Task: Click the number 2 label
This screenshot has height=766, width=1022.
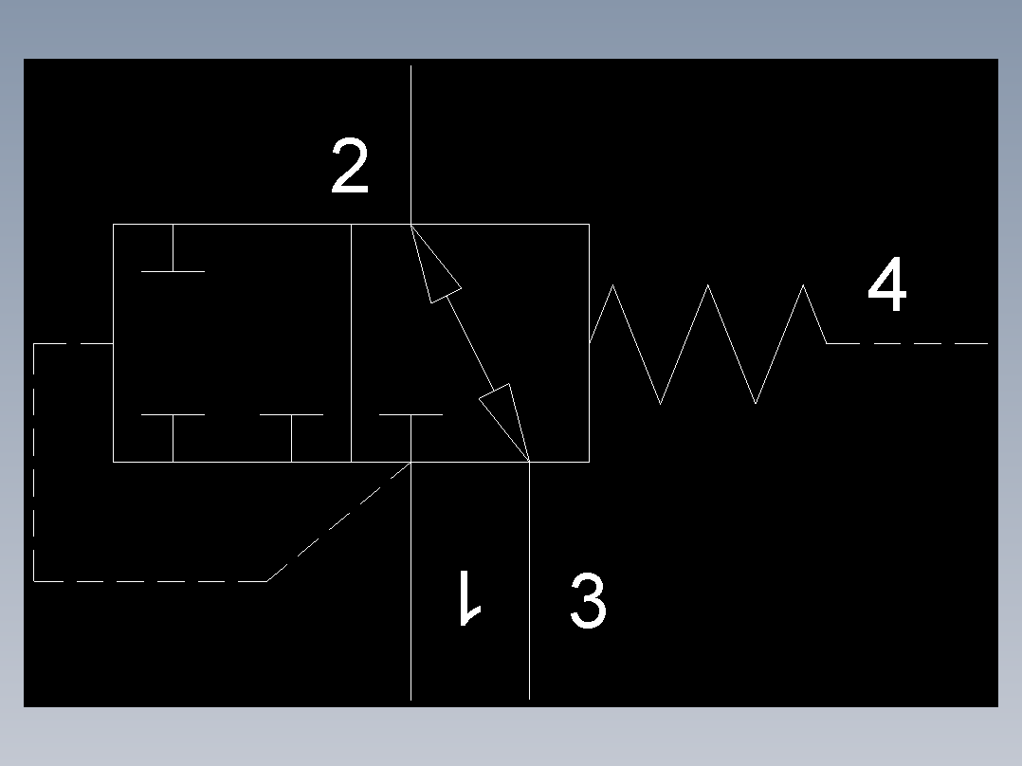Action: (350, 166)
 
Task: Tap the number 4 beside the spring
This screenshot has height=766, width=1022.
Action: (887, 283)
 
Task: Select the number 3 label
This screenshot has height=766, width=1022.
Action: (588, 600)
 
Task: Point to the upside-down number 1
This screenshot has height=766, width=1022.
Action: (470, 598)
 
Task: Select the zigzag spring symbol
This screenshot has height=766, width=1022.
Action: (708, 343)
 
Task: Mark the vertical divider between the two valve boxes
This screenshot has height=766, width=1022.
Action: (352, 343)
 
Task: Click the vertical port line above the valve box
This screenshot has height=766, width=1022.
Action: (411, 145)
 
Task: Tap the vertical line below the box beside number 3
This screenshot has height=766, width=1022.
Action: (529, 580)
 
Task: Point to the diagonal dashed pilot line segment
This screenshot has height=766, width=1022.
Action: (339, 521)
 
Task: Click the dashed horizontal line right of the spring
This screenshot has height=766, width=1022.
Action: (907, 343)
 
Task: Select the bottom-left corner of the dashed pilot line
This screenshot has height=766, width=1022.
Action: (34, 581)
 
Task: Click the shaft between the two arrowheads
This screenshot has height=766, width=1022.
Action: (470, 343)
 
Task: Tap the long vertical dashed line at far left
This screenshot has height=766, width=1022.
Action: (34, 462)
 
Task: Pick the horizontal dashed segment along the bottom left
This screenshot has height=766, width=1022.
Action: (151, 581)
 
